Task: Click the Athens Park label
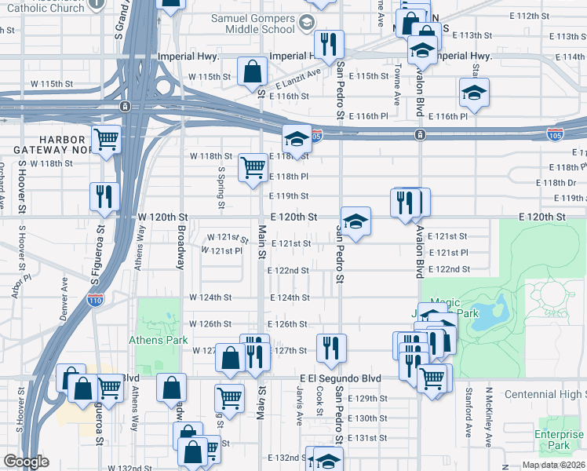(159, 340)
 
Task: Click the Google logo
(26, 462)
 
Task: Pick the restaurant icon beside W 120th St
(104, 196)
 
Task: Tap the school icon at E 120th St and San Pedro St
(355, 222)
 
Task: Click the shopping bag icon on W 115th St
(252, 71)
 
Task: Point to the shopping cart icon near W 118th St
(253, 167)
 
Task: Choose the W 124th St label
(210, 298)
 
